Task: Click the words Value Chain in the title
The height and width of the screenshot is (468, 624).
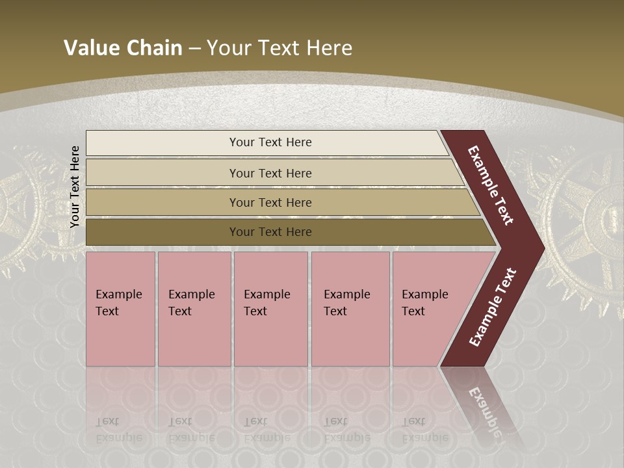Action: coord(123,47)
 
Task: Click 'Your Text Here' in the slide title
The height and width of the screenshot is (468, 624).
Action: coord(279,47)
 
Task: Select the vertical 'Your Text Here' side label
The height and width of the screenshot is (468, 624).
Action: coord(75,187)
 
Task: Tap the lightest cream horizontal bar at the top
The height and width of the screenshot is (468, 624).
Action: coord(270,142)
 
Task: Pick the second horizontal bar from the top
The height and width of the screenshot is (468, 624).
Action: coord(270,173)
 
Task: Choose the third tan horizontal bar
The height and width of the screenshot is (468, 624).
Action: coord(270,202)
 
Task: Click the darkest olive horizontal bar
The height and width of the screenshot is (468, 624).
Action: coord(270,232)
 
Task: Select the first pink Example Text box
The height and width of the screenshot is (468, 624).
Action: coord(120,309)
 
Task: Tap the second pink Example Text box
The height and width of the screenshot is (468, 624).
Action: coord(194,309)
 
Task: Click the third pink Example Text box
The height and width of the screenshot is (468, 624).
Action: coord(270,309)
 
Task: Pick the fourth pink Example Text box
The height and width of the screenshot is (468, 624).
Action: coord(350,309)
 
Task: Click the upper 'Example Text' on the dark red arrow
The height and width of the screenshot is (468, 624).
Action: coord(491,185)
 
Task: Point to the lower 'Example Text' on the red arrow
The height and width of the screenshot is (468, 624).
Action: coord(493,307)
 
